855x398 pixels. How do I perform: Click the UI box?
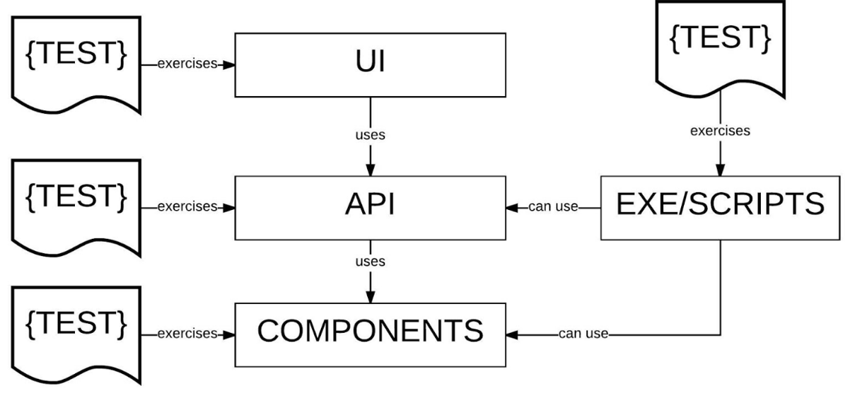(x=370, y=64)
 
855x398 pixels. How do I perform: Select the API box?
(x=370, y=206)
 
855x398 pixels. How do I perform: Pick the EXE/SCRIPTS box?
(x=720, y=206)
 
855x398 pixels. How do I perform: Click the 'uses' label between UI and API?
(x=370, y=135)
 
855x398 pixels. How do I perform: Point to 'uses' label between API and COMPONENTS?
(x=370, y=262)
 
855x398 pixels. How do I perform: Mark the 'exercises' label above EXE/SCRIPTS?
(x=720, y=131)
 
